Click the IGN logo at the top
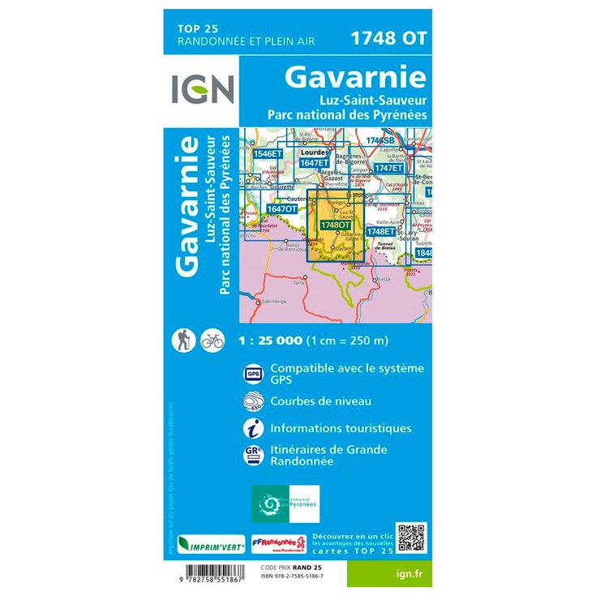[203, 89]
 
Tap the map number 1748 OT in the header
[388, 36]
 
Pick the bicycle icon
[212, 340]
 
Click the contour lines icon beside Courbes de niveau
[252, 401]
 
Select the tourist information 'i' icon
[252, 427]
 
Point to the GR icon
[252, 455]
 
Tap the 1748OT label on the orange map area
[333, 225]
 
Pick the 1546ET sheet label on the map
[267, 153]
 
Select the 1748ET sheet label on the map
[380, 231]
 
